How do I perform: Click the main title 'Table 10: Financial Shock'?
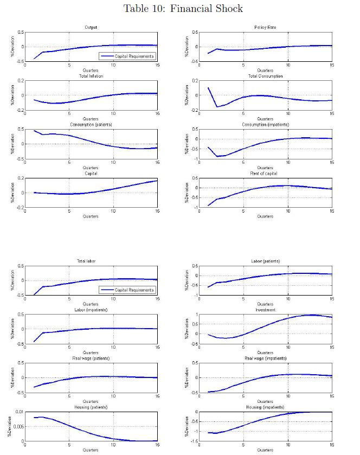tap(183, 8)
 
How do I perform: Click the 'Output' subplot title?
tap(91, 27)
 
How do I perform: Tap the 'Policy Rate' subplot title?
tap(265, 27)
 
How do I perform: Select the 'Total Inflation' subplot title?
tap(91, 76)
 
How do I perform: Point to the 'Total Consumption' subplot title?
tap(265, 76)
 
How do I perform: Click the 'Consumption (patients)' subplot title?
tap(91, 125)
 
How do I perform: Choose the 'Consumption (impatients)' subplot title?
tap(265, 125)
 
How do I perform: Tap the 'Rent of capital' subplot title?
tap(265, 174)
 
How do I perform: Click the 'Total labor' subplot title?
tap(91, 261)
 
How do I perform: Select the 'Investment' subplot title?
tap(265, 310)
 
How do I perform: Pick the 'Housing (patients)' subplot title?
tap(91, 407)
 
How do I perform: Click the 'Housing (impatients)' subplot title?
tap(265, 407)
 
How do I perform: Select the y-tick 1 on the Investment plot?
tap(196, 315)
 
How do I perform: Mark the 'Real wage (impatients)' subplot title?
tap(265, 358)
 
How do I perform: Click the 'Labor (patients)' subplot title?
tap(265, 261)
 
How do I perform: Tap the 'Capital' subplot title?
tap(91, 174)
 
